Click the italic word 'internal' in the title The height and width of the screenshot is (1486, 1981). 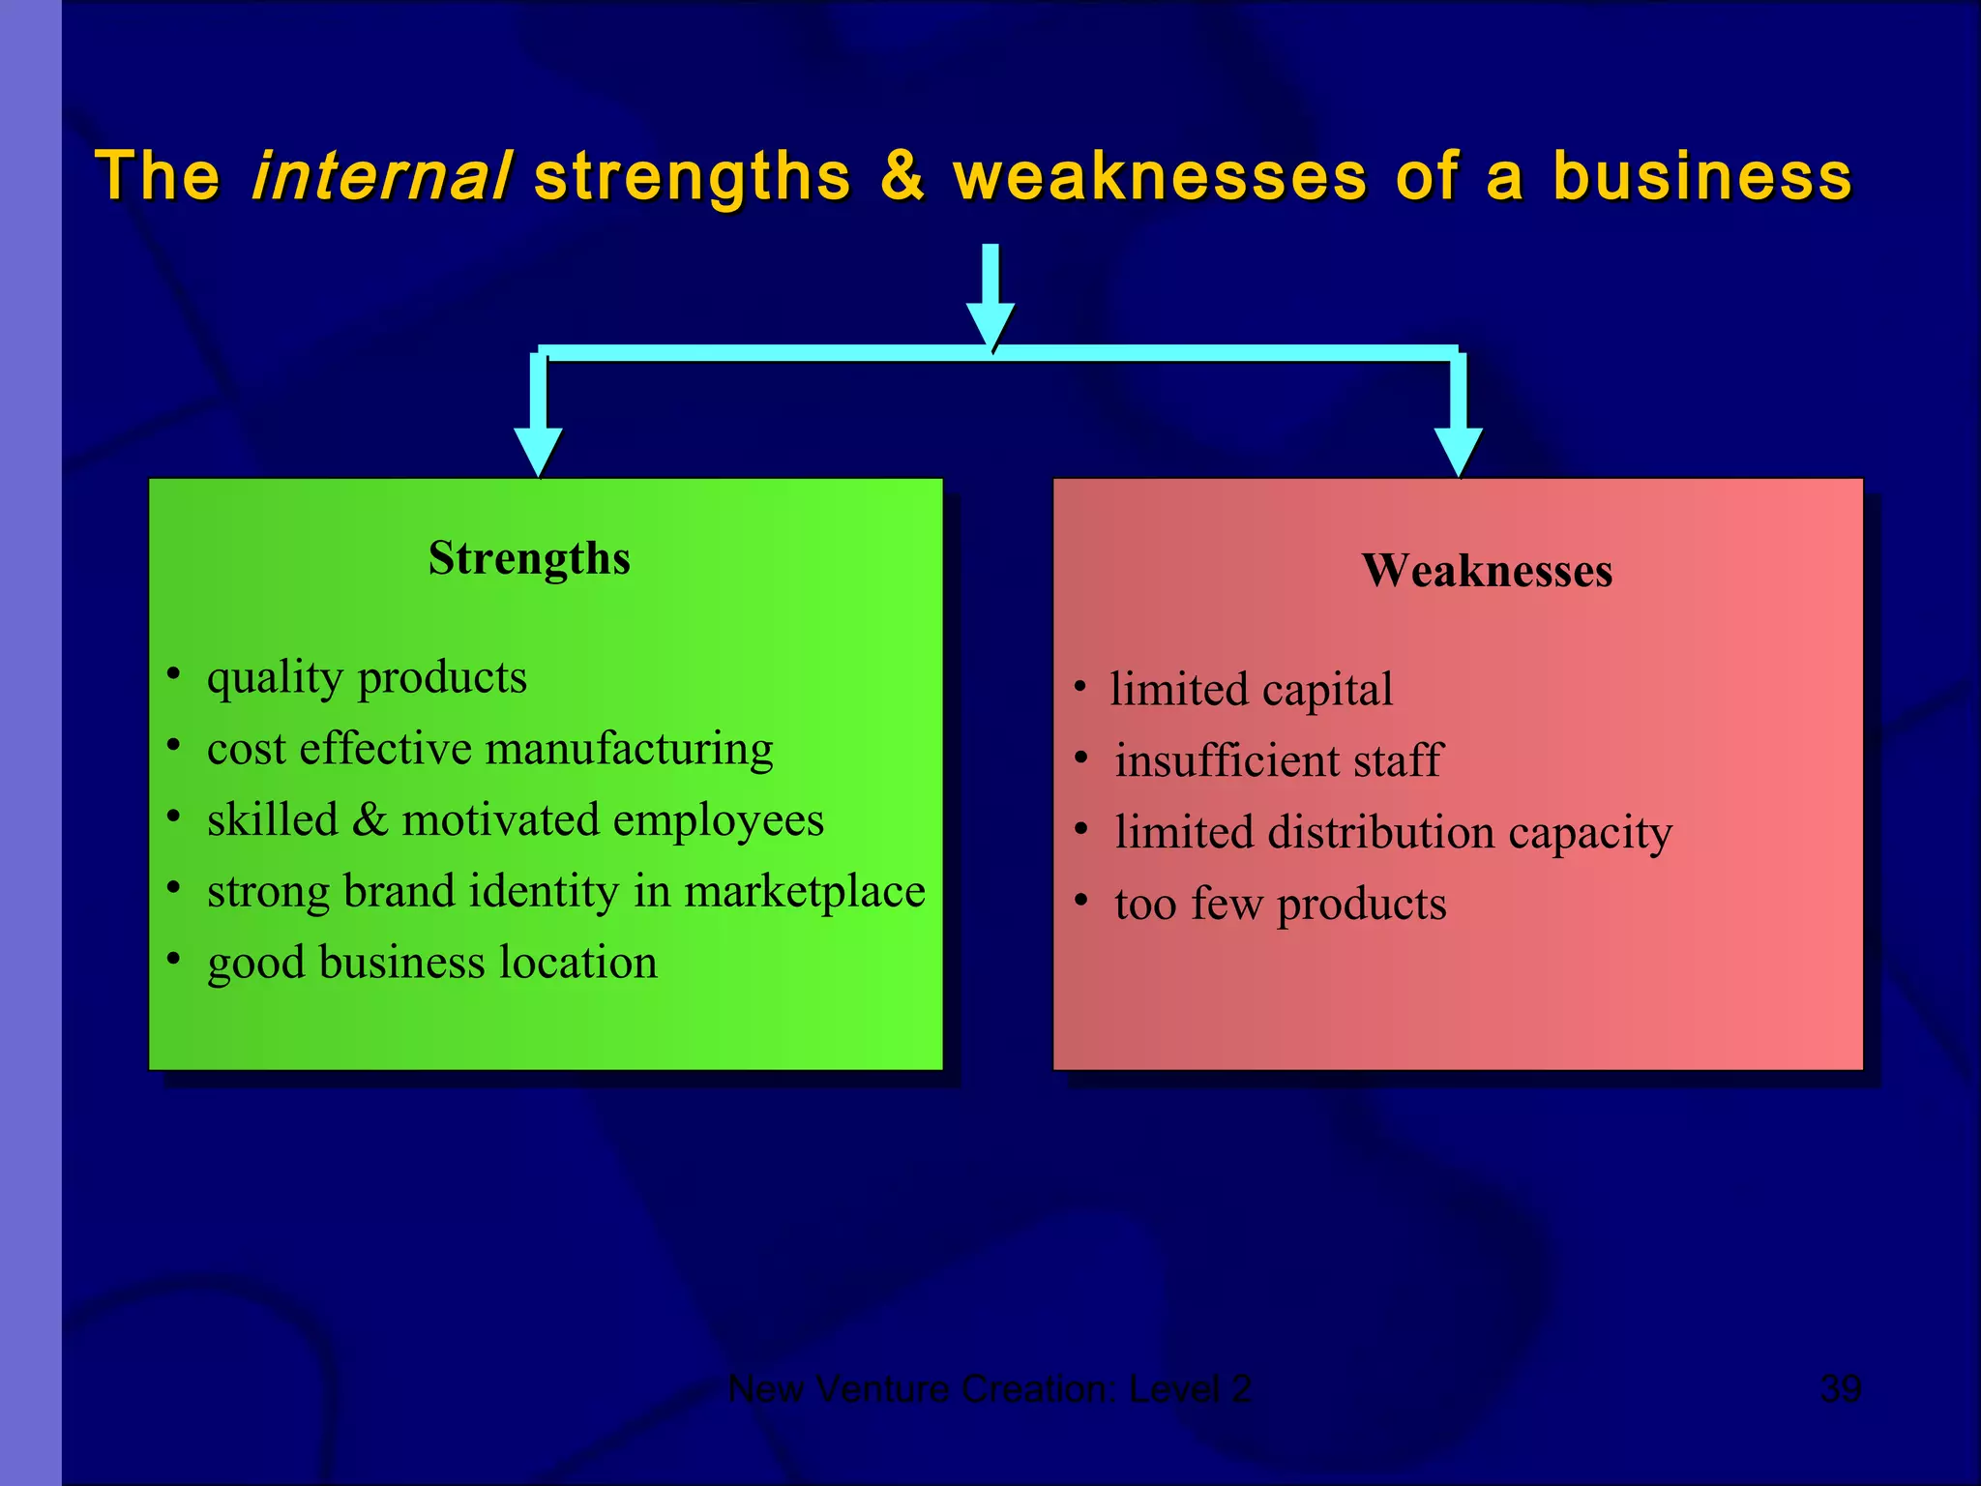pos(379,177)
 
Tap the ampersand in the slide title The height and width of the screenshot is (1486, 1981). pos(902,177)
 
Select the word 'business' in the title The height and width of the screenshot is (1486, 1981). pos(1702,177)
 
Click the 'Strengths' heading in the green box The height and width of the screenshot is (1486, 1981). pos(529,559)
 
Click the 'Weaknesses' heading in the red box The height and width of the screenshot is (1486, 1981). pos(1487,571)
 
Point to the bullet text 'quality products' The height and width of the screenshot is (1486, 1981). pos(367,678)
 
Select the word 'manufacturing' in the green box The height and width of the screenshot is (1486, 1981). pos(629,750)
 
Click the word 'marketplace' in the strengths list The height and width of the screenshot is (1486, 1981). pos(805,891)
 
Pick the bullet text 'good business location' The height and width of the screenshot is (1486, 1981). pos(431,963)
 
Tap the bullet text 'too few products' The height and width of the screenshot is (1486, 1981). pos(1280,905)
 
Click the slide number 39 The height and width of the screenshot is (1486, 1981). pos(1840,1389)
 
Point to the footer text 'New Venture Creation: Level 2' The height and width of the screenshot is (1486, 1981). pos(990,1389)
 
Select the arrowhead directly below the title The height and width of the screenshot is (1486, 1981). pos(990,324)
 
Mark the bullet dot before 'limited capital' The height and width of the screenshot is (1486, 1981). pos(1080,689)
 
